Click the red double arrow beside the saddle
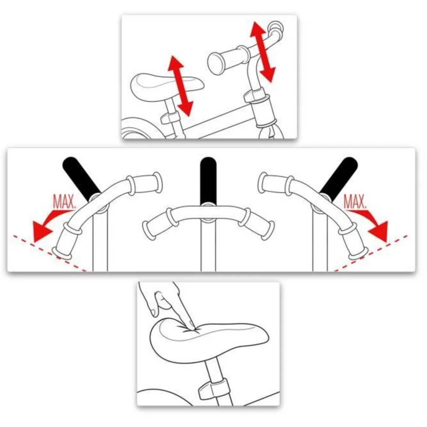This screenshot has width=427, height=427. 180,86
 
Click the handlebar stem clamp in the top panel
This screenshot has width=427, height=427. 255,95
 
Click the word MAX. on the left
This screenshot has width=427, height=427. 64,201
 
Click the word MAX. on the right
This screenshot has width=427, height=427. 355,201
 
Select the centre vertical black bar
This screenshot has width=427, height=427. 208,181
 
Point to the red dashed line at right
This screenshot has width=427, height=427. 370,253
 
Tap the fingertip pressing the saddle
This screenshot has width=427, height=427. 191,325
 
